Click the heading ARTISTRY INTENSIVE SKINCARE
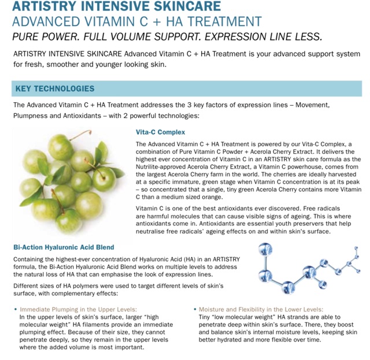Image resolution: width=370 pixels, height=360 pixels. pos(116,7)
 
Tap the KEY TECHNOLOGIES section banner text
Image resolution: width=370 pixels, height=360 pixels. pos(55,89)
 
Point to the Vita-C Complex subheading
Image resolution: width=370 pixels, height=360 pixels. pos(160,132)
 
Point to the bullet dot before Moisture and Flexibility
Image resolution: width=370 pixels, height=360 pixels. pos(195,310)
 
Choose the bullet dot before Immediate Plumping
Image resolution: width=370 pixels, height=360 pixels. pos(15,310)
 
